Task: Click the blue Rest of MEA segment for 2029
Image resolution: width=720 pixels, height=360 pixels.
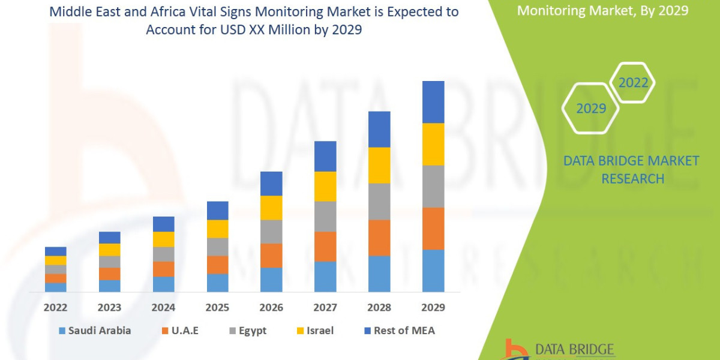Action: [x=433, y=102]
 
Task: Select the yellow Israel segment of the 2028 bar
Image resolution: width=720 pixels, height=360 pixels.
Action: [x=379, y=165]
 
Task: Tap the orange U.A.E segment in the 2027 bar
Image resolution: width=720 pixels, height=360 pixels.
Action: [x=325, y=247]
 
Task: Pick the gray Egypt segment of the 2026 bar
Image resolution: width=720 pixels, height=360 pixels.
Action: [x=271, y=232]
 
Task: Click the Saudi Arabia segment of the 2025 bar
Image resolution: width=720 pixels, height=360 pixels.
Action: [x=217, y=283]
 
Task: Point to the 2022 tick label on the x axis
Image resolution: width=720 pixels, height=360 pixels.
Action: [x=55, y=307]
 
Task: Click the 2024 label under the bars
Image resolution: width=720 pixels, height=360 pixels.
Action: [x=163, y=307]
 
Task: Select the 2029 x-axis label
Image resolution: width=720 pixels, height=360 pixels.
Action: [x=433, y=307]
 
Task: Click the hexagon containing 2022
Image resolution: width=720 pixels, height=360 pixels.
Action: [x=633, y=83]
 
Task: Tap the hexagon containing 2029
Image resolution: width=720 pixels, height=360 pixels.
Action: [x=590, y=109]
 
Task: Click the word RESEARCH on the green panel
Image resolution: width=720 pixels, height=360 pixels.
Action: [x=632, y=179]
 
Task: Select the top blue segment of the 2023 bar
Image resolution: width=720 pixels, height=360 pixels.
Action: [x=109, y=238]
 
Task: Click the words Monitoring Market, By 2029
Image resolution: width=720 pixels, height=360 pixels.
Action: [x=602, y=10]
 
